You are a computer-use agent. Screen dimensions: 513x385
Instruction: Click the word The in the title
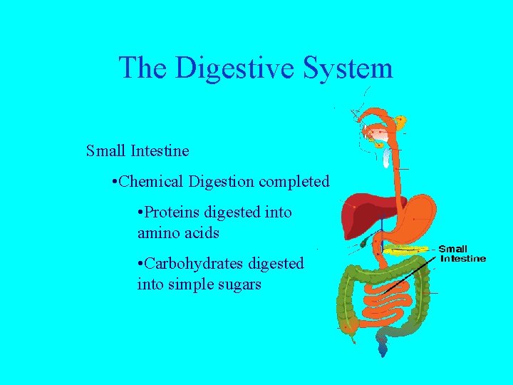pyautogui.click(x=143, y=68)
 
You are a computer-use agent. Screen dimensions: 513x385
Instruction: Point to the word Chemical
pyautogui.click(x=152, y=182)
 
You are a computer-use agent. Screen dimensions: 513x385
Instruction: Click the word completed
pyautogui.click(x=294, y=182)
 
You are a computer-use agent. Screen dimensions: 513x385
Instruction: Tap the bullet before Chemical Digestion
pyautogui.click(x=115, y=182)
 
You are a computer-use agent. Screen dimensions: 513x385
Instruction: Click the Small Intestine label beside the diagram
pyautogui.click(x=463, y=254)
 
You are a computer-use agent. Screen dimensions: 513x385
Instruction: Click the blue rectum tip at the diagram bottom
pyautogui.click(x=383, y=349)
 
